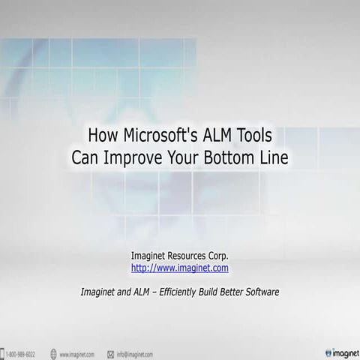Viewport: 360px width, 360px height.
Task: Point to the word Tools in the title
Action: coord(256,136)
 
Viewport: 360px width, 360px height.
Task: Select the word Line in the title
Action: coord(274,157)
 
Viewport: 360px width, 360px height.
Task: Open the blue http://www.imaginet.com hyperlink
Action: coord(180,267)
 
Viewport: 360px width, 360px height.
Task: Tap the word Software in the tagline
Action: coord(262,291)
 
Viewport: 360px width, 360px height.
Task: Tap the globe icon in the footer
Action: coord(54,353)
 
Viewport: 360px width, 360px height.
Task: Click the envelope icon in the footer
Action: coord(110,353)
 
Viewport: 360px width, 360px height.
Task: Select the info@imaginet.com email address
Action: coord(135,353)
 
